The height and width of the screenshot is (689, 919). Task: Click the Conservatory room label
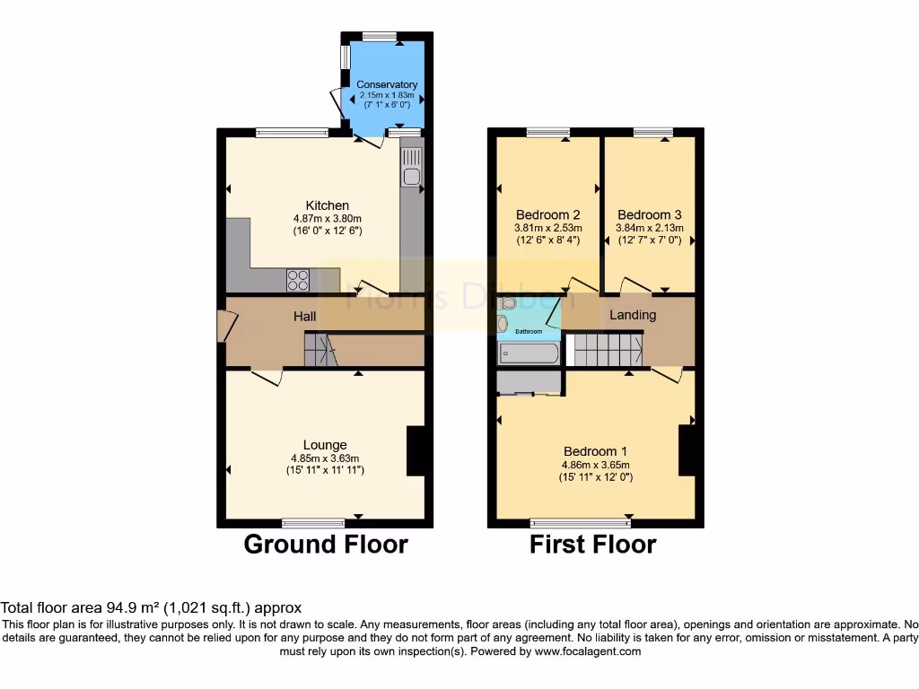pyautogui.click(x=387, y=85)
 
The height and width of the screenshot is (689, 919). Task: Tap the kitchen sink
pyautogui.click(x=411, y=167)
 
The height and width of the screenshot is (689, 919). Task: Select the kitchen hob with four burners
pyautogui.click(x=298, y=280)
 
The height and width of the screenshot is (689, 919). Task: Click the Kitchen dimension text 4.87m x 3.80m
pyautogui.click(x=327, y=218)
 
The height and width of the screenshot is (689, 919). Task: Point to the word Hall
pyautogui.click(x=305, y=317)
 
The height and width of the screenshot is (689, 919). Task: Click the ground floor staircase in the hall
pyautogui.click(x=319, y=349)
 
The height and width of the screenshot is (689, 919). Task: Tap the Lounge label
pyautogui.click(x=325, y=445)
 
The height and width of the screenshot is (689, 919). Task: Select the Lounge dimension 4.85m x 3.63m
pyautogui.click(x=325, y=458)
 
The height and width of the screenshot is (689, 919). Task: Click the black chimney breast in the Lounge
pyautogui.click(x=416, y=450)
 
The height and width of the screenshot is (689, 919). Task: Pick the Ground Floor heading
pyautogui.click(x=326, y=545)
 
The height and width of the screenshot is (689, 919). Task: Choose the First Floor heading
pyautogui.click(x=593, y=545)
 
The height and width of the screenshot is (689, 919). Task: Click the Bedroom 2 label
pyautogui.click(x=547, y=215)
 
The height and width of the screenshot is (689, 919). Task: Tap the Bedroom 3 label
pyautogui.click(x=649, y=215)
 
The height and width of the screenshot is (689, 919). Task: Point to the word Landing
pyautogui.click(x=633, y=315)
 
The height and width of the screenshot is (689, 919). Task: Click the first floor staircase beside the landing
pyautogui.click(x=608, y=348)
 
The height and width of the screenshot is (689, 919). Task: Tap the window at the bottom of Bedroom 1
pyautogui.click(x=581, y=522)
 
